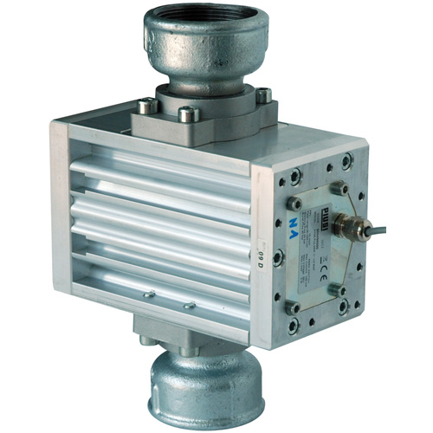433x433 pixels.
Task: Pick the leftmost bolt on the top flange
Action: (146, 106)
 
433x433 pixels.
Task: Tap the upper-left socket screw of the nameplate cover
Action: (295, 203)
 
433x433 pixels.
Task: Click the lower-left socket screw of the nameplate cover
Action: (294, 307)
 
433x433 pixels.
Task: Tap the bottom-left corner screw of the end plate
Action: (294, 326)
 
